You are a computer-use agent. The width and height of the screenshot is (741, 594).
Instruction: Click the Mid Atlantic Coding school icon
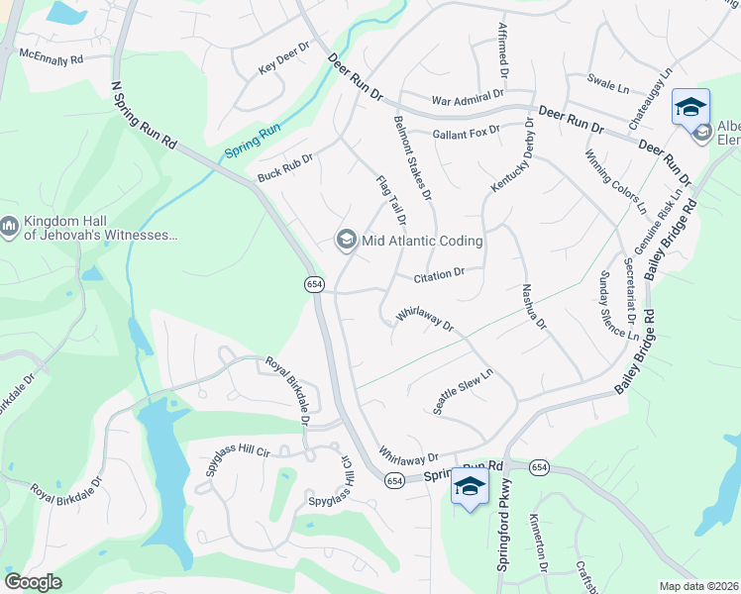pos(347,240)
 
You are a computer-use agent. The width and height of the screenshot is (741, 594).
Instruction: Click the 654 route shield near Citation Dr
pos(314,284)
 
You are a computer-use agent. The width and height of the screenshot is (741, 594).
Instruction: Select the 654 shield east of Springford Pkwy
pos(539,466)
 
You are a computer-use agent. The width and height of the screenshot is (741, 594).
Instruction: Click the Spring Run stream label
pos(253,141)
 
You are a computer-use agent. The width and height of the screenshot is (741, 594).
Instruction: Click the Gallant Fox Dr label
pos(466,132)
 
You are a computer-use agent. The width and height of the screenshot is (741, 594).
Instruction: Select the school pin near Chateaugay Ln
pos(690,107)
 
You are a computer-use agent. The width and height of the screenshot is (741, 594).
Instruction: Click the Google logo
pos(33,582)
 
